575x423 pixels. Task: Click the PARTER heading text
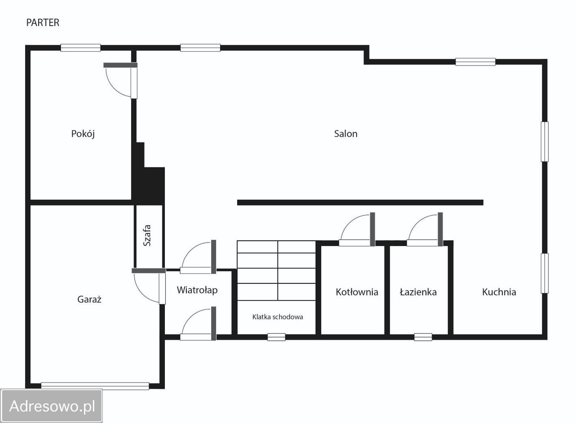[43, 22]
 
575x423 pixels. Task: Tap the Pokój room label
[83, 134]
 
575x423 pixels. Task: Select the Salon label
[345, 134]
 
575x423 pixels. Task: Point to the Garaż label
[89, 299]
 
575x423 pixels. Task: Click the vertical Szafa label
[147, 235]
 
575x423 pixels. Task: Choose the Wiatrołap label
[197, 290]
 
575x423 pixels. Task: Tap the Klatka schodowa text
[278, 317]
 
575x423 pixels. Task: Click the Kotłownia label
[357, 292]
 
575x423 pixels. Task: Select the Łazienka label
[418, 292]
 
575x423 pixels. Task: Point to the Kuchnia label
[499, 292]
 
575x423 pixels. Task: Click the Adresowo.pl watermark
[52, 406]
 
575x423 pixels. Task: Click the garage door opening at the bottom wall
[95, 386]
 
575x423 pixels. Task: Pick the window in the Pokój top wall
[80, 48]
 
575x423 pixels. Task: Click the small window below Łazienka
[423, 337]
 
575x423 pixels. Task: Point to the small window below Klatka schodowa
[276, 337]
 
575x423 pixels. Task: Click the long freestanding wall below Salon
[360, 203]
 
